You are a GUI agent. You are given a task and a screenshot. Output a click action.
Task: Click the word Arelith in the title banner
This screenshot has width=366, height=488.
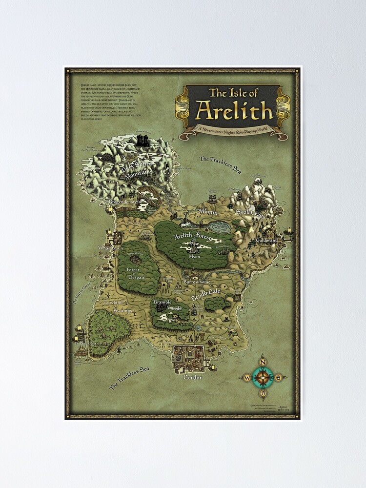(234, 111)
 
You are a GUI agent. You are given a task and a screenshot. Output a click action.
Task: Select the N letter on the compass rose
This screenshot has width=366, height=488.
(263, 362)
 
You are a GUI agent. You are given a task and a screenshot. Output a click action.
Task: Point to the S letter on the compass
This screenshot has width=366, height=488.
(263, 392)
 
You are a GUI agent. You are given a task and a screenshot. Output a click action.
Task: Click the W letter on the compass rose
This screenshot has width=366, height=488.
(247, 377)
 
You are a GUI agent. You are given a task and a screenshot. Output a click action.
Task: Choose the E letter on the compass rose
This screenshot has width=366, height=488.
(278, 377)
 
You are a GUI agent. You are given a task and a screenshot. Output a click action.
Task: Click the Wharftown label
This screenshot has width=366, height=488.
(111, 248)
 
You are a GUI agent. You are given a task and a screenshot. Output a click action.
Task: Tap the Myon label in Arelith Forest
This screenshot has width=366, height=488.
(194, 256)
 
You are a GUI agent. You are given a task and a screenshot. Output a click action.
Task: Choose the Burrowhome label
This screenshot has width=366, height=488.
(197, 282)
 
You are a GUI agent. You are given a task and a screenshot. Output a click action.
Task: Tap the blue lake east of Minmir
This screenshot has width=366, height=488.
(220, 227)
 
